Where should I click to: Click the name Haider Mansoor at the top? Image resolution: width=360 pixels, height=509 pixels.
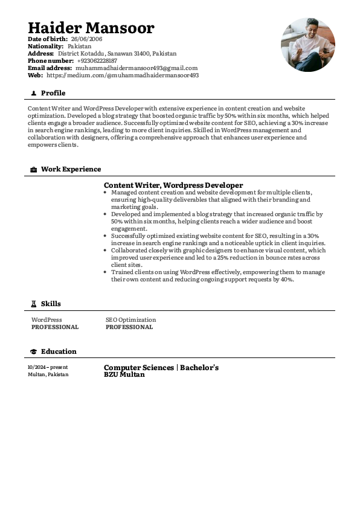91,28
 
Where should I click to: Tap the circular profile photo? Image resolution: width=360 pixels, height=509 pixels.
307,45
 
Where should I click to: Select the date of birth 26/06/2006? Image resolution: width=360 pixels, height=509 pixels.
86,39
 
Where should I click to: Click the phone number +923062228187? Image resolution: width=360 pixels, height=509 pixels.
97,61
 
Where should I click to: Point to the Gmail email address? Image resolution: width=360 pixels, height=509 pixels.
137,68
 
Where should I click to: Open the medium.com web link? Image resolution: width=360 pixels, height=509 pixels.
123,75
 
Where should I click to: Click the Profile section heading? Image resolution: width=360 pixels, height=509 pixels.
53,93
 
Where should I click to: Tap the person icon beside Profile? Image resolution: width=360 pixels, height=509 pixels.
33,94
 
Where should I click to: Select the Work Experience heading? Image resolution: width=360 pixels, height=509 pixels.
71,169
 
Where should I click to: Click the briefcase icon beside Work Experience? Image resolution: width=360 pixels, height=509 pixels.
33,170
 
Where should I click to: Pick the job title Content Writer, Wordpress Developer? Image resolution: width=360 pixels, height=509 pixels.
173,185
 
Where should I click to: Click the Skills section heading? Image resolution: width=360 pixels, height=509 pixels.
51,304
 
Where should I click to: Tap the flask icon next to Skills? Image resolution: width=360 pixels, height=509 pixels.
33,304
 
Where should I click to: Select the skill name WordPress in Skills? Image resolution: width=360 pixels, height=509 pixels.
47,320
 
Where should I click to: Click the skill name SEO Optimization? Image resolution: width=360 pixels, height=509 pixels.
130,320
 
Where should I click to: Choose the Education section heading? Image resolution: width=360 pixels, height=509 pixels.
59,351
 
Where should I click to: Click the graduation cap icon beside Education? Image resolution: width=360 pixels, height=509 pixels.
33,351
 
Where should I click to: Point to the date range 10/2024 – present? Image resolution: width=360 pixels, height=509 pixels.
48,367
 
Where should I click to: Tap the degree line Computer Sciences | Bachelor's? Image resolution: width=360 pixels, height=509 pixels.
161,368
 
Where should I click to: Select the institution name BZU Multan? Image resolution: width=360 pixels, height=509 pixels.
124,374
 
